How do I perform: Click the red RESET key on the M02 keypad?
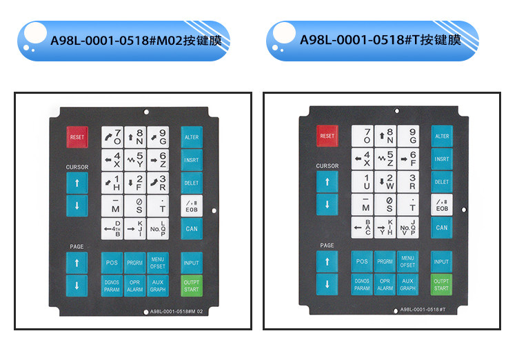77,137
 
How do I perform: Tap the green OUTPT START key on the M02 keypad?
191,285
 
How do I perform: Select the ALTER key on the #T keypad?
441,137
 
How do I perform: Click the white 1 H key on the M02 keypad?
112,183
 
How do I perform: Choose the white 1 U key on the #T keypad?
364,181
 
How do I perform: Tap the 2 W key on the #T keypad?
387,181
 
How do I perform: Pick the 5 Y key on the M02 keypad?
135,160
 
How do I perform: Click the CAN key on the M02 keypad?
191,228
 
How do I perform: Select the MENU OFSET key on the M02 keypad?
158,262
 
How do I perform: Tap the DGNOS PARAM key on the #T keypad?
363,285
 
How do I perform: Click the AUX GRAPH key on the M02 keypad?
158,286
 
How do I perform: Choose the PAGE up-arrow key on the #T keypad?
327,262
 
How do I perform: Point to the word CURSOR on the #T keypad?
327,166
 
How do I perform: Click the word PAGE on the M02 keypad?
77,247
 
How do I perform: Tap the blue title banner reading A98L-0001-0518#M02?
124,41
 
